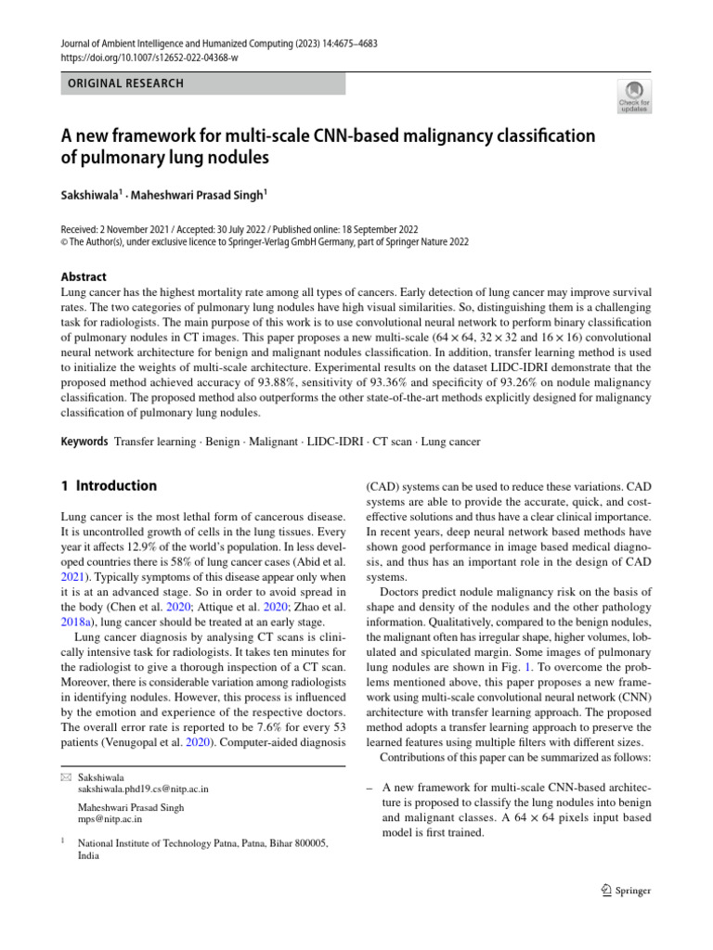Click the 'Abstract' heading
(x=84, y=276)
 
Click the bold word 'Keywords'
(x=84, y=442)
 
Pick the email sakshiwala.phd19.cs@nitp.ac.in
(x=143, y=789)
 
